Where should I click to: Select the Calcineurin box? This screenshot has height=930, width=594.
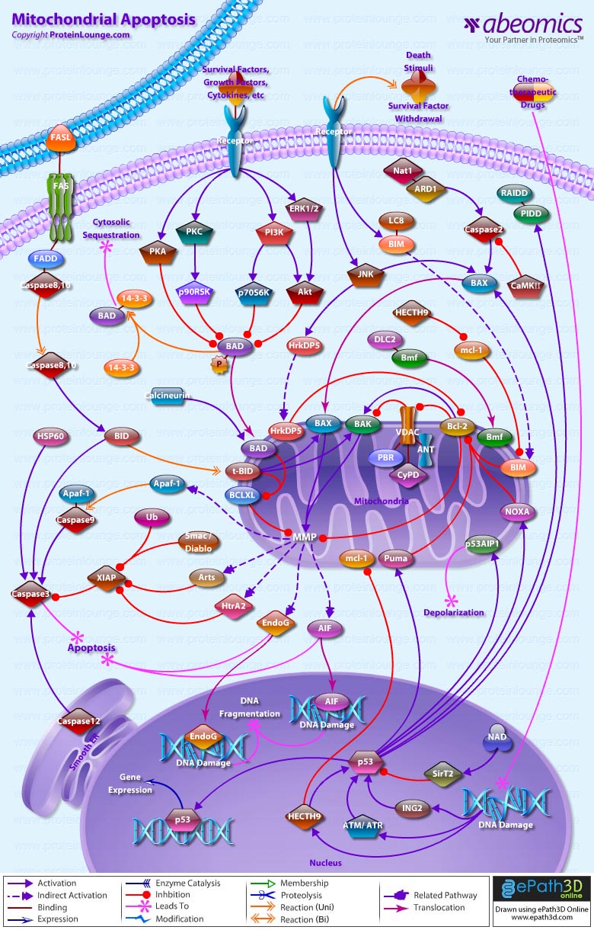point(166,396)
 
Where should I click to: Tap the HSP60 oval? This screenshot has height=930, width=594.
point(49,437)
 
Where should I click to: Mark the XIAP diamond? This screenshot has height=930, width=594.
point(107,577)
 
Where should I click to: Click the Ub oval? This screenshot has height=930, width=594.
point(152,518)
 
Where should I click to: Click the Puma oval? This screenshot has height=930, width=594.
point(396,558)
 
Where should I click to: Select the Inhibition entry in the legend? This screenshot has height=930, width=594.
point(172,895)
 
